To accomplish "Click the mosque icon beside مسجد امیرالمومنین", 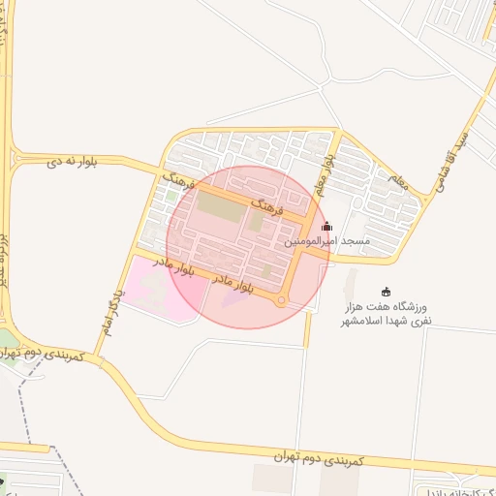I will point(326,226).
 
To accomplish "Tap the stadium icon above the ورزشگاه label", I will point(387,292).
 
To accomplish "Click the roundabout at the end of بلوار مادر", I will point(281,301).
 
